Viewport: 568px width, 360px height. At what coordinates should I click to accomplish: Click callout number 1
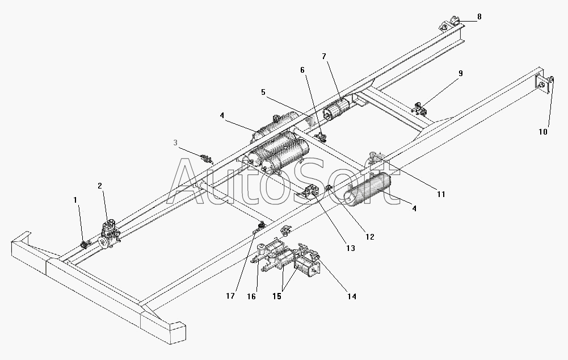point(75,200)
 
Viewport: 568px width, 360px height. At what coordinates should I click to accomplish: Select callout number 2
point(100,186)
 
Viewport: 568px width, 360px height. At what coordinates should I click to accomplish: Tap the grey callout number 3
point(176,143)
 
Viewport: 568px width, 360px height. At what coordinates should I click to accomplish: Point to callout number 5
point(263,92)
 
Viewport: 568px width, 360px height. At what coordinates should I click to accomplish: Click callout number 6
point(302,70)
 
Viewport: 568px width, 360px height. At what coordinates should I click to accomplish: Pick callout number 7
point(324,56)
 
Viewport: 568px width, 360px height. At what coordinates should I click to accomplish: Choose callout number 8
point(479,16)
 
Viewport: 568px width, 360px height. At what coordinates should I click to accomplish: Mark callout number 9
point(461,73)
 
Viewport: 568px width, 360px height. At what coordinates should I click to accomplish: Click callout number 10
point(542,132)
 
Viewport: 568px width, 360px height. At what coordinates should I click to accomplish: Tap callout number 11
point(441,194)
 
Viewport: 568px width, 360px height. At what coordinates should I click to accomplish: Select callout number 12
point(369,237)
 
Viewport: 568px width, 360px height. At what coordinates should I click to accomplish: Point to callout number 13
point(351,248)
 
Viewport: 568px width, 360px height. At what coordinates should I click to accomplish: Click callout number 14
point(352,296)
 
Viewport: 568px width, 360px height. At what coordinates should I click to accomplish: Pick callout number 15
point(277,296)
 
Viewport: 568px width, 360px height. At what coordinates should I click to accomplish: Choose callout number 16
point(251,296)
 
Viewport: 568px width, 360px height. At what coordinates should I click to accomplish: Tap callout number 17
point(230,296)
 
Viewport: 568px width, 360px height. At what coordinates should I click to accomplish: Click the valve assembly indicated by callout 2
point(110,234)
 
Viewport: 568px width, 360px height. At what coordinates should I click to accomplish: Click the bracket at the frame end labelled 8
point(451,23)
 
